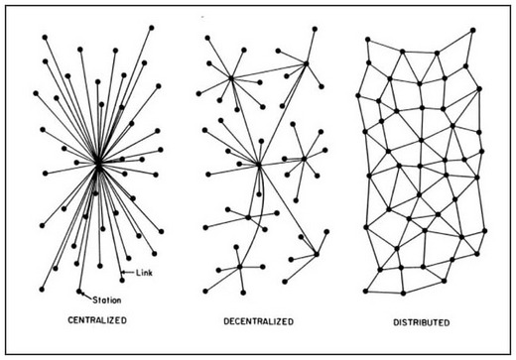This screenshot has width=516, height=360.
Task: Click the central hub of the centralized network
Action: pyautogui.click(x=99, y=166)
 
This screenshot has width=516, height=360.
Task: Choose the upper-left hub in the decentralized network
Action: pyautogui.click(x=231, y=77)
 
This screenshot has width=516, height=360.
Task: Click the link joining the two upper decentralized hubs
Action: pyautogui.click(x=269, y=71)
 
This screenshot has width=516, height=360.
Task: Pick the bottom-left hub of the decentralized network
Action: pyautogui.click(x=241, y=266)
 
